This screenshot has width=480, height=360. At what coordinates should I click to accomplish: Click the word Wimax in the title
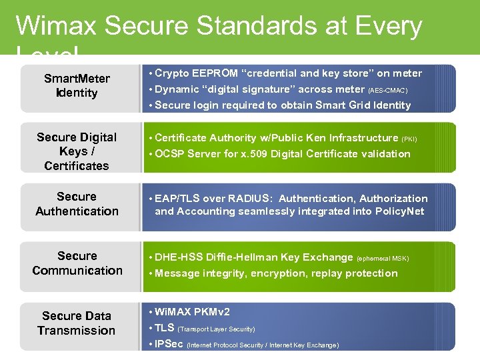click(56, 26)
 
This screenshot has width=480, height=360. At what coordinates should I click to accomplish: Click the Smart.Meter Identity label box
click(77, 86)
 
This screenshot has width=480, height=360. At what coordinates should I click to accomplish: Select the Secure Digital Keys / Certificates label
click(77, 151)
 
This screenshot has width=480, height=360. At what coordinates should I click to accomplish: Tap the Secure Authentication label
click(77, 204)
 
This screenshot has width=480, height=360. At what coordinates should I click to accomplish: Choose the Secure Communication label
click(77, 263)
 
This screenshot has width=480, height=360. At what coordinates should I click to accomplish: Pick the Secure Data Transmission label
click(77, 323)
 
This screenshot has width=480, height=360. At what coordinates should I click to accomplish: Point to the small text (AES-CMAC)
click(388, 90)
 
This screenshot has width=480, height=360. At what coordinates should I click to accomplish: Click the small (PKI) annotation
click(409, 139)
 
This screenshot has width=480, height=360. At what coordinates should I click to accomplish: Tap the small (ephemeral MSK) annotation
click(383, 259)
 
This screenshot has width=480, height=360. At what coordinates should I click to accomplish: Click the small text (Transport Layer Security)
click(217, 329)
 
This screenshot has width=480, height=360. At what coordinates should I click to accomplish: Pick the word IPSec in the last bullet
click(169, 344)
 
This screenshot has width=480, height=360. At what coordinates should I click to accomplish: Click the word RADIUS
click(249, 199)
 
